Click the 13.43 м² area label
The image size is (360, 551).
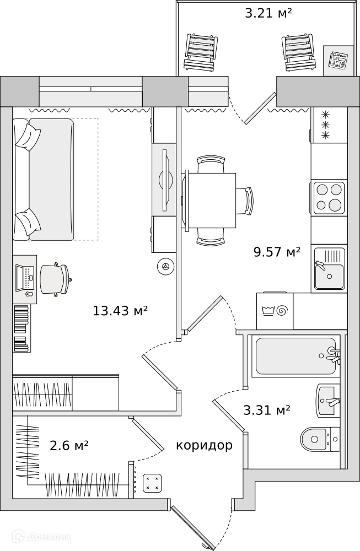(x=120, y=311)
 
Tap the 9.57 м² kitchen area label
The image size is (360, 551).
(x=277, y=252)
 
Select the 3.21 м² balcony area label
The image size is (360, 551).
(x=268, y=13)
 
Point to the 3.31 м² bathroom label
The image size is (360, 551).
(x=267, y=410)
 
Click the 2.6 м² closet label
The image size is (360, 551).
(x=69, y=446)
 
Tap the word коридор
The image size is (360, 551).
(x=205, y=446)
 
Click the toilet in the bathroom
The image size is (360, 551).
(x=320, y=439)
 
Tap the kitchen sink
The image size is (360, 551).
(x=330, y=268)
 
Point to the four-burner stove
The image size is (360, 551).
(x=329, y=197)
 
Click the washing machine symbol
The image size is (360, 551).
(x=275, y=311)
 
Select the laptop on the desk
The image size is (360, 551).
(x=25, y=278)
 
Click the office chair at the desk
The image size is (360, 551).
(x=55, y=279)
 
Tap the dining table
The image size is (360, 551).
(x=212, y=201)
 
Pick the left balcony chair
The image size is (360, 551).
(x=200, y=53)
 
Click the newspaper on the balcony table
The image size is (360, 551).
(x=338, y=60)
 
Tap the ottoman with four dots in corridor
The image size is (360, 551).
(x=152, y=483)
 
